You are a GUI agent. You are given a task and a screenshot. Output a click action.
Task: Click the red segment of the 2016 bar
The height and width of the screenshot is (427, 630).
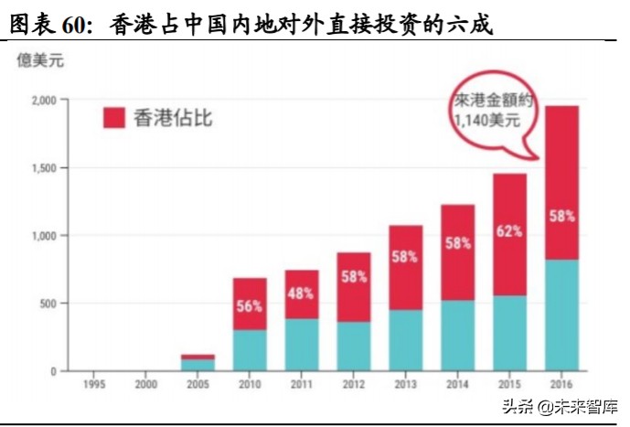click(x=562, y=183)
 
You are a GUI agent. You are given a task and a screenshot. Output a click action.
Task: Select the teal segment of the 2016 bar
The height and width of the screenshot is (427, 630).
click(x=562, y=315)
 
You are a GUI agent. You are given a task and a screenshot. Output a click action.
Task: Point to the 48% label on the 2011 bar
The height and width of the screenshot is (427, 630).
click(x=301, y=294)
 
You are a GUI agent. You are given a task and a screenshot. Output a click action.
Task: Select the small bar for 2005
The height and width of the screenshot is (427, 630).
click(x=197, y=363)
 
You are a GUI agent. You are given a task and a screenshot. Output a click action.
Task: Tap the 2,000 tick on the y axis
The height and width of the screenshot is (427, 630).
click(x=42, y=100)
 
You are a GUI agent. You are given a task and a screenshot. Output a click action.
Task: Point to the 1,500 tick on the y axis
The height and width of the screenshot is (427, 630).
click(x=42, y=168)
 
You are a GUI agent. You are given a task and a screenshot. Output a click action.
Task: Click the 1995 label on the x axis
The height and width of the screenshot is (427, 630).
click(x=92, y=385)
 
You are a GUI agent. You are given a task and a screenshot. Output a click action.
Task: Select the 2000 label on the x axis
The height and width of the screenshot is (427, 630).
click(x=144, y=385)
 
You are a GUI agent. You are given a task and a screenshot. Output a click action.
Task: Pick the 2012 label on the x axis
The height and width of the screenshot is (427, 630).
click(x=353, y=385)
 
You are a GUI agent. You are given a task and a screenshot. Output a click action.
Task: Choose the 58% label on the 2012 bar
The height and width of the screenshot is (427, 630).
click(x=353, y=275)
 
